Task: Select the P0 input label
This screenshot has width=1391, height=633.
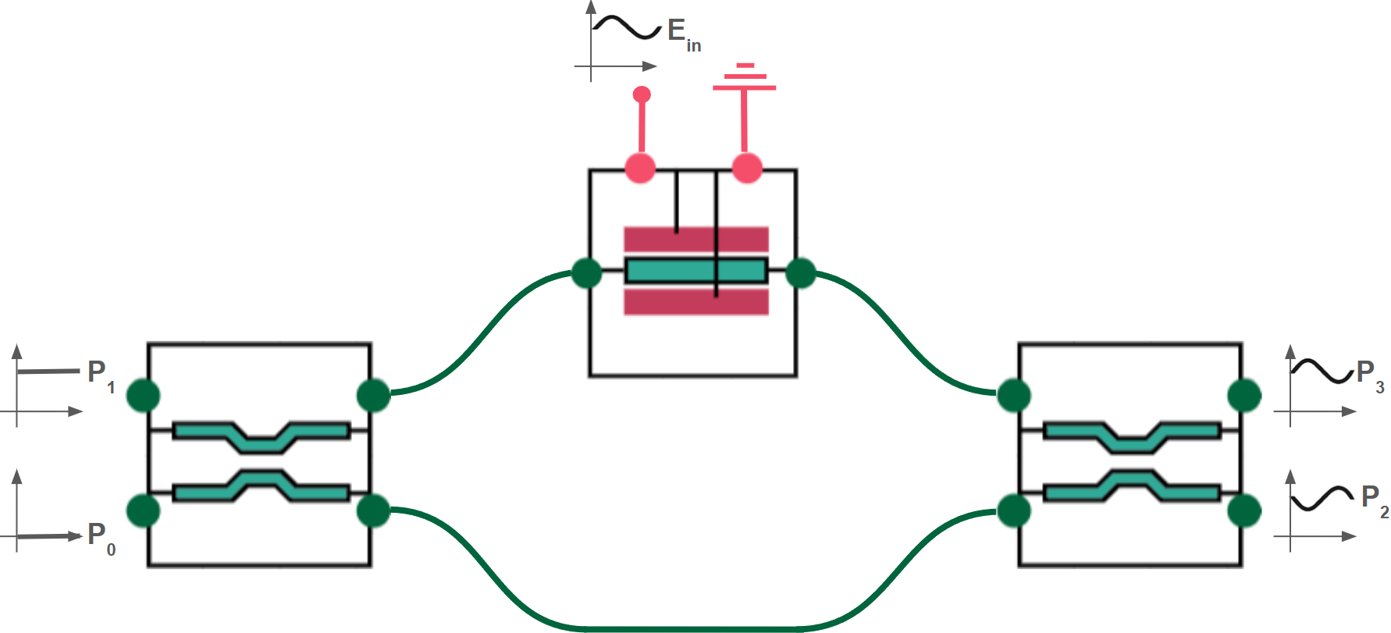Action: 101,536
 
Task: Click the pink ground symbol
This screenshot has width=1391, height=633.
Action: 744,78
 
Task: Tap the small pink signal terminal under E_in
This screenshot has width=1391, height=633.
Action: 642,95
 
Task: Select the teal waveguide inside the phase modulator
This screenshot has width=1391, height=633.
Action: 695,271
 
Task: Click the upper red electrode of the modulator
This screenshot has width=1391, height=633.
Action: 695,240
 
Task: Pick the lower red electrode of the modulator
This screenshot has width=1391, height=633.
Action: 695,302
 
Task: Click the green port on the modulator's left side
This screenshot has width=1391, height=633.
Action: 587,273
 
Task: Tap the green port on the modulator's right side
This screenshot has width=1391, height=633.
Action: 801,273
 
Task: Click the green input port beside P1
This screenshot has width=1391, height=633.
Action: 143,396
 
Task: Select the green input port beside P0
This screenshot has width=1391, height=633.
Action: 143,511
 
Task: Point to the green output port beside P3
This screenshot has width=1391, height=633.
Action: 1244,396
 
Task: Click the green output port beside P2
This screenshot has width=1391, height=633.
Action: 1244,511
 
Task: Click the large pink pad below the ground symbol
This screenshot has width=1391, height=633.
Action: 747,167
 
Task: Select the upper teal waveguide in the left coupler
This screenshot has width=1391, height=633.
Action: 261,436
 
